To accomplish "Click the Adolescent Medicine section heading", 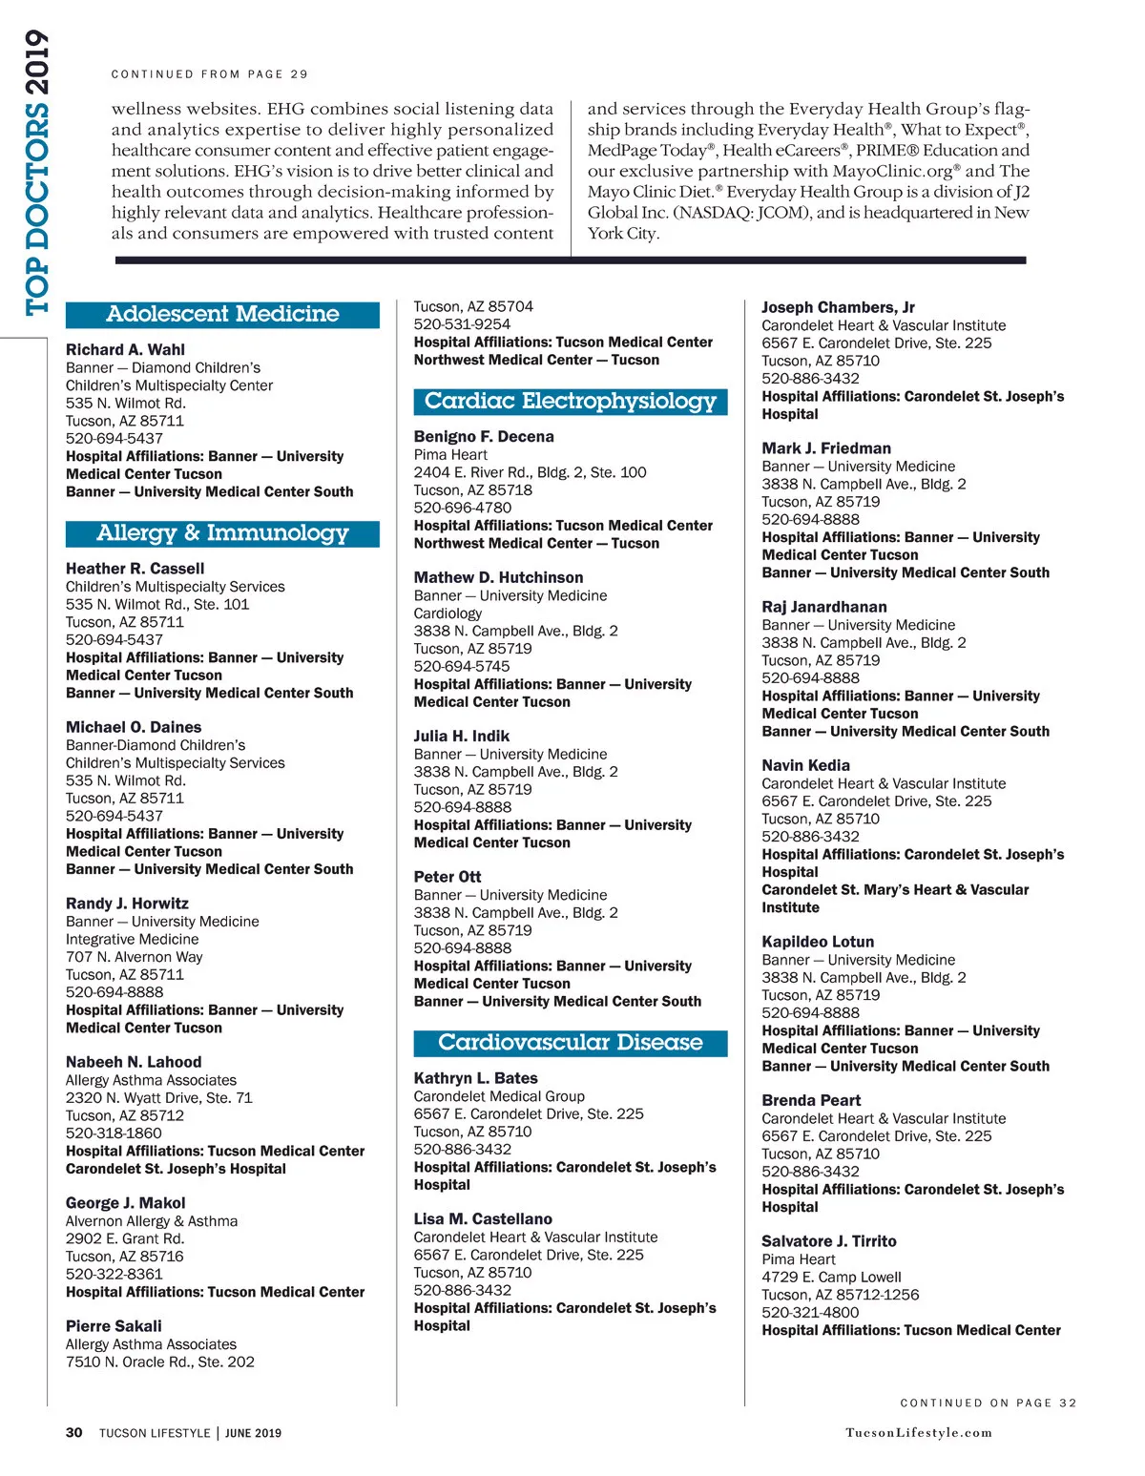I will pyautogui.click(x=222, y=314).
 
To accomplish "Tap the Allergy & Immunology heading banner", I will pyautogui.click(x=222, y=533).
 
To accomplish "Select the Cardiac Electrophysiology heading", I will pyautogui.click(x=570, y=402).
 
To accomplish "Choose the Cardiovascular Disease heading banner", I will pyautogui.click(x=570, y=1043).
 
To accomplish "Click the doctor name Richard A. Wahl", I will pyautogui.click(x=125, y=350).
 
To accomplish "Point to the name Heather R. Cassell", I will pyautogui.click(x=135, y=569).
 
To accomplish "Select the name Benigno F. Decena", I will pyautogui.click(x=484, y=437).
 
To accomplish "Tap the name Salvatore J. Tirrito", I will pyautogui.click(x=828, y=1241).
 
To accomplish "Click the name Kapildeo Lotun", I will pyautogui.click(x=818, y=942).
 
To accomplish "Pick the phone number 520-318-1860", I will pyautogui.click(x=114, y=1133).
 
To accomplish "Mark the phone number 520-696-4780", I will pyautogui.click(x=462, y=508).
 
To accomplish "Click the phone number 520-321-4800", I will pyautogui.click(x=810, y=1313).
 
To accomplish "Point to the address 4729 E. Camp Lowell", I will pyautogui.click(x=831, y=1278).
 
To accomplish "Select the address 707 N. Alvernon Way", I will pyautogui.click(x=134, y=957).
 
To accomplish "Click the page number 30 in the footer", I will pyautogui.click(x=73, y=1433).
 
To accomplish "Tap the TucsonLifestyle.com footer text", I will pyautogui.click(x=918, y=1433).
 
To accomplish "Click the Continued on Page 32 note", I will pyautogui.click(x=988, y=1403).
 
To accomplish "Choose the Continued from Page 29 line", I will pyautogui.click(x=209, y=74).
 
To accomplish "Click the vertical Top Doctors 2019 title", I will pyautogui.click(x=36, y=172).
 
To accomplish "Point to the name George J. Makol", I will pyautogui.click(x=125, y=1203).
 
